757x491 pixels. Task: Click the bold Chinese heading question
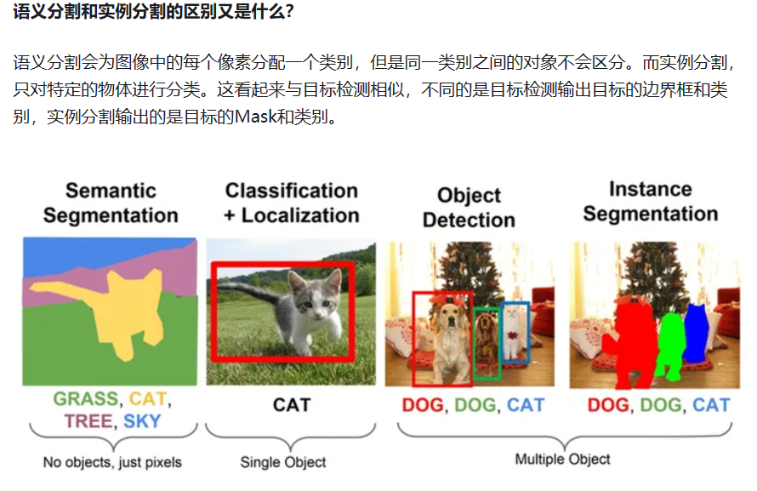tap(148, 14)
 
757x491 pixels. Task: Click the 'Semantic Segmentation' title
tap(111, 203)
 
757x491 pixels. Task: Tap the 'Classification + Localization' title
tap(291, 203)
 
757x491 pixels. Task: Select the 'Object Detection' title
tap(469, 208)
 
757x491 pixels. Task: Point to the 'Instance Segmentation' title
tap(651, 201)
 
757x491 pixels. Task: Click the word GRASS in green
tap(85, 398)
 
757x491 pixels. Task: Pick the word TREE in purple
tap(88, 420)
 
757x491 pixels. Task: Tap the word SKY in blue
tap(142, 420)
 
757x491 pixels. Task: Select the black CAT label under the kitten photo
tap(291, 405)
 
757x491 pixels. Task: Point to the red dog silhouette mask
tap(631, 345)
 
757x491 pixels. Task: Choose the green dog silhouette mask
tap(671, 345)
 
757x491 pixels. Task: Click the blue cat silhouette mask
tap(696, 332)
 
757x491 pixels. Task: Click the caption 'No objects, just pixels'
tap(112, 463)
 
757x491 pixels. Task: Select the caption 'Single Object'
tap(283, 463)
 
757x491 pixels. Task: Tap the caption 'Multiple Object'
tap(562, 460)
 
